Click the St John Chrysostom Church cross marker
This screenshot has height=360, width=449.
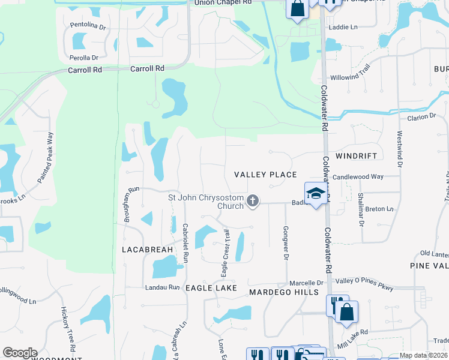253,201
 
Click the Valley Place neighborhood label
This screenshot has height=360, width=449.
265,175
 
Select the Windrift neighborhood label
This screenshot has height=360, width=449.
356,156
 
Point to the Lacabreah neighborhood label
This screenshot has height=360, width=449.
147,249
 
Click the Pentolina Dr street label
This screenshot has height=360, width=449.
88,27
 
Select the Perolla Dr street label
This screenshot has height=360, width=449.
83,58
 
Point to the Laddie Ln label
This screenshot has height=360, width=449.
342,28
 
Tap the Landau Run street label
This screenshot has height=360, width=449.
162,287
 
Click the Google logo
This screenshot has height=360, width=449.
20,353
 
